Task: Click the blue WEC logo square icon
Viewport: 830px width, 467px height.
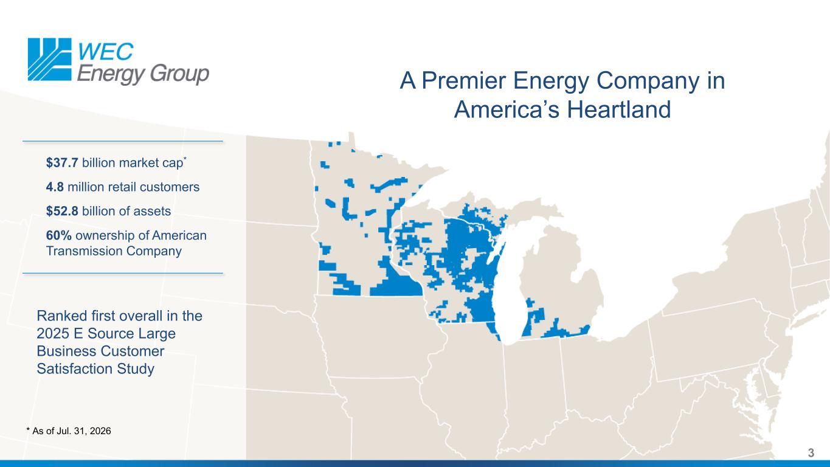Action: [x=50, y=60]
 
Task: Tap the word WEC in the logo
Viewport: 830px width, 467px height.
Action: [x=106, y=51]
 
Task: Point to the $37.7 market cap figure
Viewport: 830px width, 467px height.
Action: [x=62, y=163]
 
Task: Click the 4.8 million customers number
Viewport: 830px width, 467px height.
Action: [x=55, y=187]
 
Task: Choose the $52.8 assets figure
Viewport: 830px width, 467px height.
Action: [x=62, y=211]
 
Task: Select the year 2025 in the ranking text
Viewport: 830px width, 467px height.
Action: [x=53, y=334]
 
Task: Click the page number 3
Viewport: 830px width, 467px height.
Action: [x=811, y=453]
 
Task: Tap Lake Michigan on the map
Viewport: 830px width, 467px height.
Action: [x=510, y=289]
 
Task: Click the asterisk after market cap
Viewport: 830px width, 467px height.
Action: [x=185, y=159]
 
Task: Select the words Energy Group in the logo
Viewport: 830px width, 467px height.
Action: [x=143, y=74]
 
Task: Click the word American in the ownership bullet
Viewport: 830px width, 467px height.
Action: [x=179, y=235]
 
